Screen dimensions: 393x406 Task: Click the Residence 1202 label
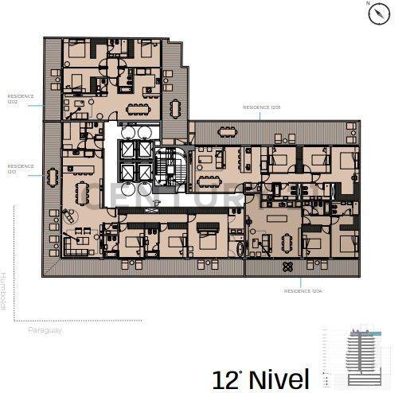[21, 99]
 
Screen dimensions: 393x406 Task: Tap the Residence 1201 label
[21, 169]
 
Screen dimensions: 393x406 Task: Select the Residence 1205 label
[261, 106]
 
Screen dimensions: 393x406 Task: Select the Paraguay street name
[45, 329]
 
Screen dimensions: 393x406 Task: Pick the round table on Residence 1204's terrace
[287, 267]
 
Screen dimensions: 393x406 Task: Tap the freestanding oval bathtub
[242, 249]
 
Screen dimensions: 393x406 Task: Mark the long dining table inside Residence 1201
[83, 192]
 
